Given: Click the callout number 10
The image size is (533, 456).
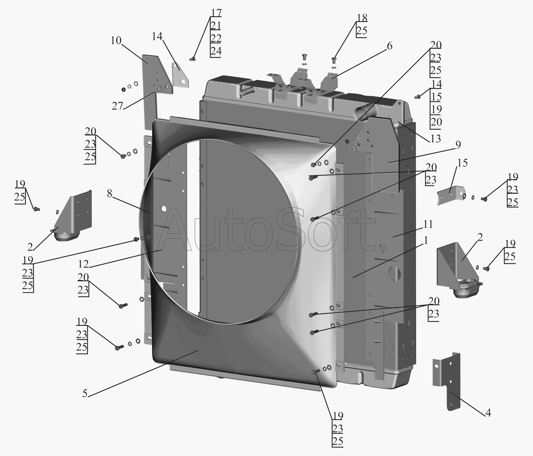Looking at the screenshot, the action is [x=116, y=40].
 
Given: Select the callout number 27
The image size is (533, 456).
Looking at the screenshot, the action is [x=117, y=106].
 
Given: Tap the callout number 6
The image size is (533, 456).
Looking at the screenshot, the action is [x=389, y=46].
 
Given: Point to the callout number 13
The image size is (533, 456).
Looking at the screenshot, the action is [x=435, y=139].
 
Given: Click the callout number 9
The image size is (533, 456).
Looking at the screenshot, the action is [x=458, y=145].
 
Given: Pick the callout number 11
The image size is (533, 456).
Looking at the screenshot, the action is [x=428, y=224].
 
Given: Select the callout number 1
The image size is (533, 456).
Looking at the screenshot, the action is [x=426, y=241].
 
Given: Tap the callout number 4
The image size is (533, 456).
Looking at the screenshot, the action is [x=488, y=413].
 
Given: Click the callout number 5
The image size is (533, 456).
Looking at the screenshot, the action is [x=85, y=393].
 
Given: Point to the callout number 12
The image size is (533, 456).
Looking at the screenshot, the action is [x=83, y=264].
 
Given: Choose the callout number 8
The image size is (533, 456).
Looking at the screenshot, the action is [x=109, y=194].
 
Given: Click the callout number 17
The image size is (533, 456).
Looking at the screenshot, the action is [x=216, y=13].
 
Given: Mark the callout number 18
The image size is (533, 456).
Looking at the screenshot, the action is [x=362, y=18].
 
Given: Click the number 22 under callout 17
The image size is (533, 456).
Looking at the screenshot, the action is [x=216, y=38].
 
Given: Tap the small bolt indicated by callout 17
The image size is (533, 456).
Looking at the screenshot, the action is [x=192, y=58].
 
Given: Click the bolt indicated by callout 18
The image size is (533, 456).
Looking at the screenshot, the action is [x=334, y=60].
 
